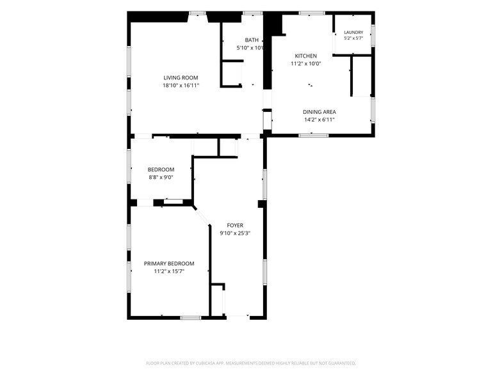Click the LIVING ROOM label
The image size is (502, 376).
[181, 78]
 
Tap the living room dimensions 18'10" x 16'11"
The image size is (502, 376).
[181, 86]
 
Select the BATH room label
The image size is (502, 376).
[252, 40]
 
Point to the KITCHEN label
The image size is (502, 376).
[306, 56]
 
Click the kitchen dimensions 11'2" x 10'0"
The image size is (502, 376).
[306, 64]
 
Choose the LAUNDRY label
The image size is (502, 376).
[353, 32]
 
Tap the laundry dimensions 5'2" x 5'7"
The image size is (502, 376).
[353, 38]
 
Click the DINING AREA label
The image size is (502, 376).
[320, 112]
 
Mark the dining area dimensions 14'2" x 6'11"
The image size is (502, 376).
[320, 120]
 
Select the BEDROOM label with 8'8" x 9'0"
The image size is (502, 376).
[161, 169]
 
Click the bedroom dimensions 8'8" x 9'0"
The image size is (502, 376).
[161, 177]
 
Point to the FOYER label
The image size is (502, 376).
[235, 225]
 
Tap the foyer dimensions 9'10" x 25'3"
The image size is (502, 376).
[235, 233]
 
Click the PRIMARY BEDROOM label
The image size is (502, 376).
[169, 263]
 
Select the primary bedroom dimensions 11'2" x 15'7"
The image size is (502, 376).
[169, 271]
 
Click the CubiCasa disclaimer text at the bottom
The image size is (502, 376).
[251, 363]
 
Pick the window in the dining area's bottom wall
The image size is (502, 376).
[314, 136]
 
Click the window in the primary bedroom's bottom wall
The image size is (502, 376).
[191, 318]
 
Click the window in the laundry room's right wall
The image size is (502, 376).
[373, 35]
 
